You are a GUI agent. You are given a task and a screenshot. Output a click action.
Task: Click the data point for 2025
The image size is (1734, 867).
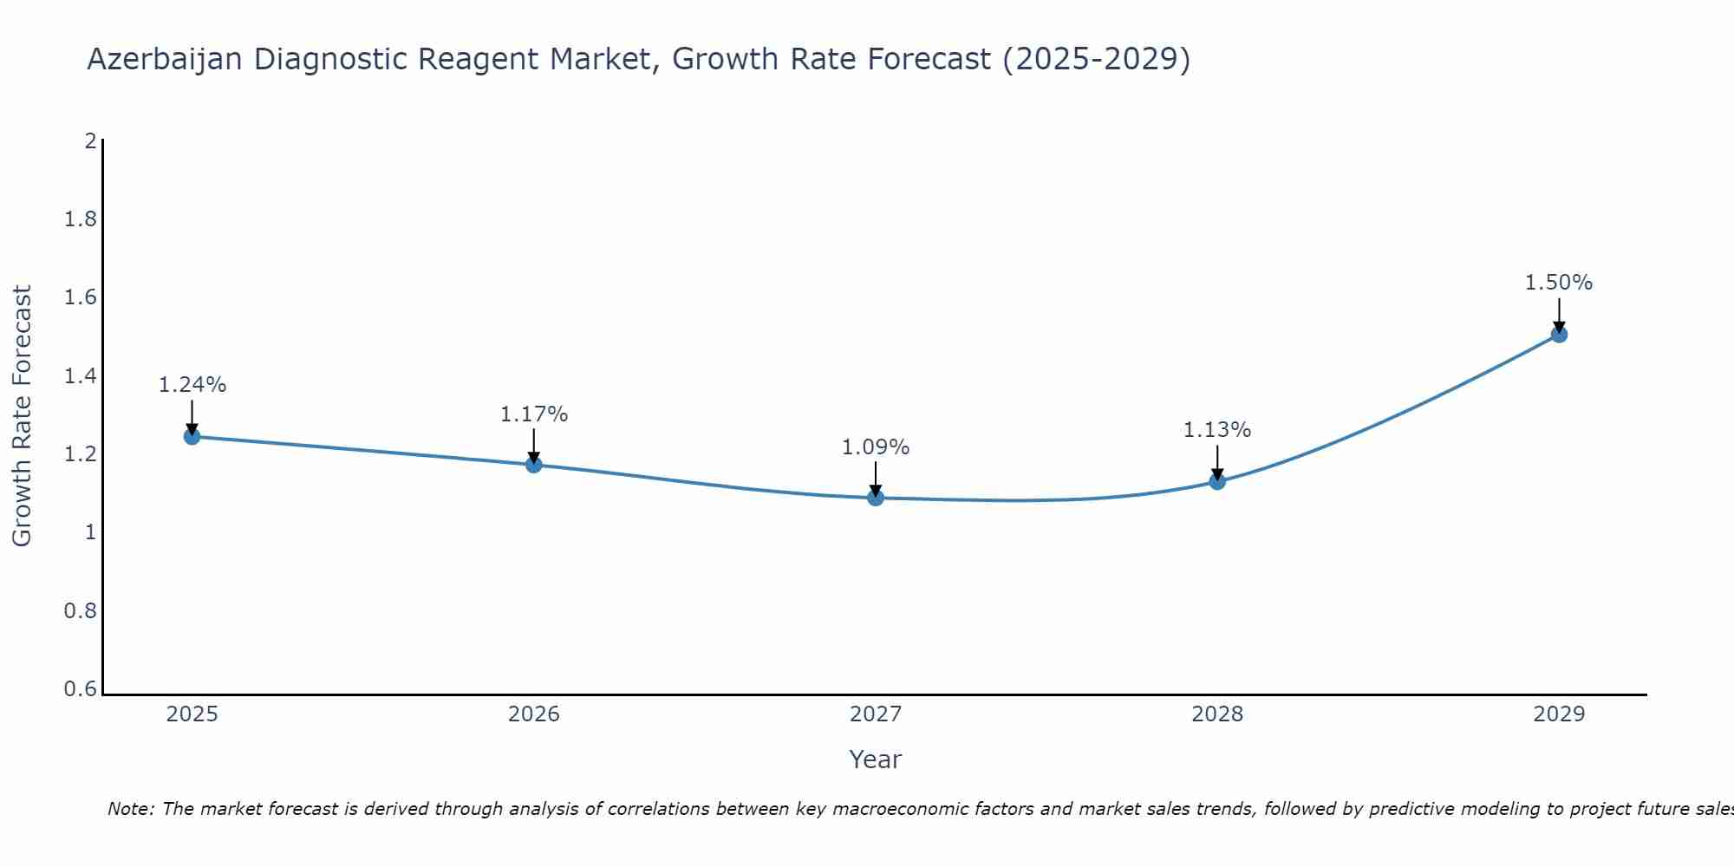[x=192, y=436]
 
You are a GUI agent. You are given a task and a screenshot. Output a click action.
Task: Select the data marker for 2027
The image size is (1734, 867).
[x=876, y=498]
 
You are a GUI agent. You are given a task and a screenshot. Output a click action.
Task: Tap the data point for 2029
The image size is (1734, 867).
[x=1559, y=335]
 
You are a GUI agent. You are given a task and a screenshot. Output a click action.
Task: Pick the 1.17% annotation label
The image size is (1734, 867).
[x=534, y=414]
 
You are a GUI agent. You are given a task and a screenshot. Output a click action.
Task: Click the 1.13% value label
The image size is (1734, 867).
[x=1217, y=430]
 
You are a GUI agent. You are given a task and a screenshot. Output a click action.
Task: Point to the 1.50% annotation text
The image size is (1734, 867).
[x=1559, y=283]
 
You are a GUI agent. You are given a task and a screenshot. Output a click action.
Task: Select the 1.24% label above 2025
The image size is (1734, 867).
[x=192, y=385]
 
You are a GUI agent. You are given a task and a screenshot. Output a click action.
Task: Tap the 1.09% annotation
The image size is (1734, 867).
[x=876, y=447]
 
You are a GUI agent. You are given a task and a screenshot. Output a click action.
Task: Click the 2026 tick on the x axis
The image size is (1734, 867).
[x=534, y=714]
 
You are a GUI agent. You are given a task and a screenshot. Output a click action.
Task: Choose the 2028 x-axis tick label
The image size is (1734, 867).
[x=1217, y=714]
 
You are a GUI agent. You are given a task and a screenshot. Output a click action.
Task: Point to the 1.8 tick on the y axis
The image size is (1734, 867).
[x=81, y=219]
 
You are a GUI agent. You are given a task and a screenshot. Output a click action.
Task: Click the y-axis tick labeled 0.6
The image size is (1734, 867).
[x=81, y=689]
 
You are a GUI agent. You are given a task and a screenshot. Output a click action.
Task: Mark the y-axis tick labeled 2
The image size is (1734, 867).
[x=90, y=140]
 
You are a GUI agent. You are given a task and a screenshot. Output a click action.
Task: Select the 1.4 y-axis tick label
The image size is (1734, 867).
[x=81, y=376]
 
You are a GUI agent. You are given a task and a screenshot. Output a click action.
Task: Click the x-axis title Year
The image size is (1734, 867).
[x=876, y=759]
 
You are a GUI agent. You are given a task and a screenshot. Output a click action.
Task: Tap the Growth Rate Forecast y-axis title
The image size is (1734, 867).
[x=23, y=416]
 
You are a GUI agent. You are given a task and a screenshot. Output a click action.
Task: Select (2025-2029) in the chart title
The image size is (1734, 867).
[x=1096, y=59]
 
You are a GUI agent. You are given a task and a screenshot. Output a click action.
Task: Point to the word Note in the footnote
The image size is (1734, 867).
[x=130, y=809]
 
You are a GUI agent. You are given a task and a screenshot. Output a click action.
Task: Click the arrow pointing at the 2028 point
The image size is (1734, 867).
[x=1217, y=463]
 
